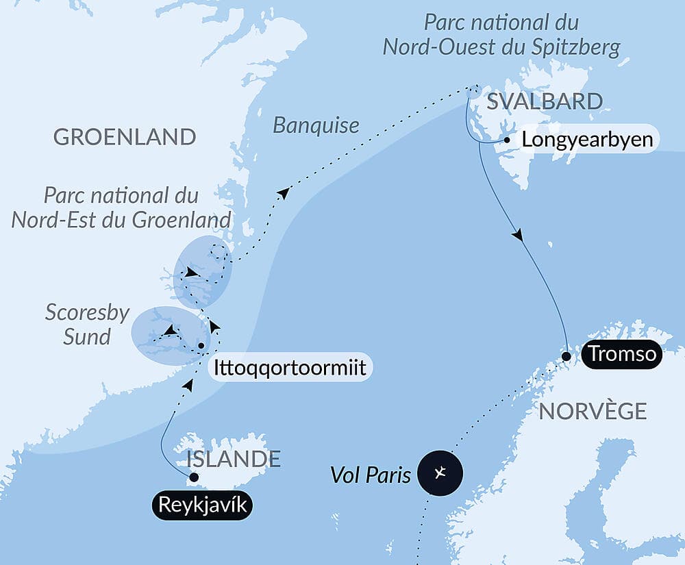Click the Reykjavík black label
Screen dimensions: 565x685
[199, 506]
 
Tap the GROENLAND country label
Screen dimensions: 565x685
[125, 137]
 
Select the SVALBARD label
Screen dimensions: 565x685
[545, 102]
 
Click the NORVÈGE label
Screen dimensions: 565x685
[593, 411]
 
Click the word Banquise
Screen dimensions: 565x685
[316, 125]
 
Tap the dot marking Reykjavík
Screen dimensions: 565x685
[194, 477]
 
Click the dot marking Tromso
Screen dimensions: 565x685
[566, 356]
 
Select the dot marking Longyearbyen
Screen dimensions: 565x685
[507, 140]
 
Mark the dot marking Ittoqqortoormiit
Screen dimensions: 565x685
[201, 346]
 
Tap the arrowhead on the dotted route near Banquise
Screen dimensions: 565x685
[282, 192]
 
